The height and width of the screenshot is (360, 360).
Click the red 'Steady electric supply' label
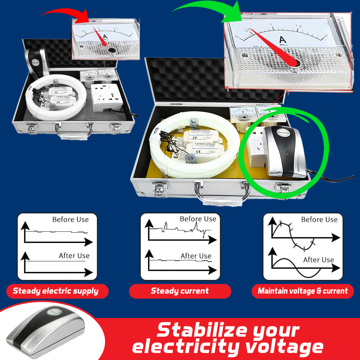tap(56, 291)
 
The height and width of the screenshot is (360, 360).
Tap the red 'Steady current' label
tap(180, 291)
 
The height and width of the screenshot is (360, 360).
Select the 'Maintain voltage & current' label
tap(303, 291)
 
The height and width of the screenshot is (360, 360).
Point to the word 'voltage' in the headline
tap(284, 347)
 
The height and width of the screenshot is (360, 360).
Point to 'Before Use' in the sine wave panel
tap(319, 220)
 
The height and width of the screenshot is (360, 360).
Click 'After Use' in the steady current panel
tap(196, 256)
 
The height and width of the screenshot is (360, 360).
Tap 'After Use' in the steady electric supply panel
tap(74, 256)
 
